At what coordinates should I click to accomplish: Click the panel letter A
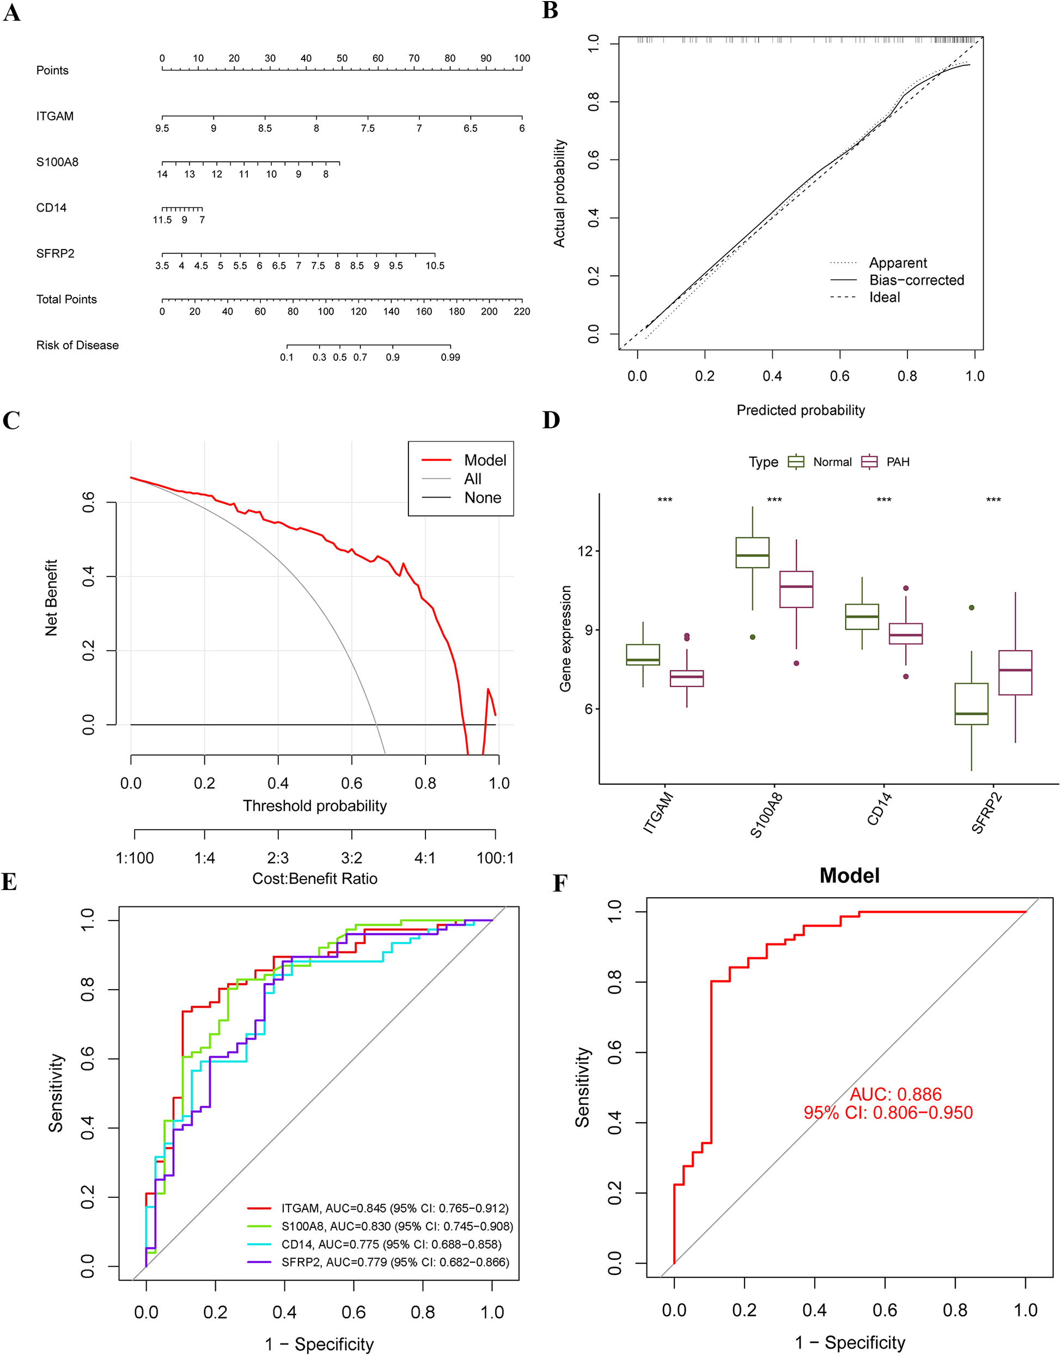click(11, 13)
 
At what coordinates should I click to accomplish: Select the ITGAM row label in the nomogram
click(54, 116)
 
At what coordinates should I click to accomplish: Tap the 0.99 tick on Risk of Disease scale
click(450, 358)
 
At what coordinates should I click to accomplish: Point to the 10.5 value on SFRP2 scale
click(435, 266)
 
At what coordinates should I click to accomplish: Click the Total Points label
click(66, 300)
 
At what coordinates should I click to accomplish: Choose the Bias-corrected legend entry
click(916, 280)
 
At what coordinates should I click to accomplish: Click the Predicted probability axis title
click(800, 410)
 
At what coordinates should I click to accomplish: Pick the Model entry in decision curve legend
click(485, 460)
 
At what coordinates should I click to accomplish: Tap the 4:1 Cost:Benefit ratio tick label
click(425, 858)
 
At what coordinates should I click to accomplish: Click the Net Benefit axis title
click(51, 597)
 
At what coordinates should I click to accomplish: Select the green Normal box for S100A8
click(752, 553)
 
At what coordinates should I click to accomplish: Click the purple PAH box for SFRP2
click(1015, 673)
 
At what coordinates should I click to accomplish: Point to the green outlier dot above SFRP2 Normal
click(972, 608)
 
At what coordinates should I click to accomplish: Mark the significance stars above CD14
click(883, 500)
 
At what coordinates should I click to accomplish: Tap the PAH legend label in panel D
click(898, 462)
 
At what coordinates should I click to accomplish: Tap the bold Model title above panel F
click(849, 876)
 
